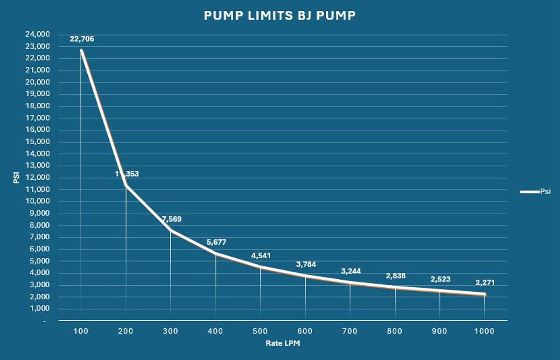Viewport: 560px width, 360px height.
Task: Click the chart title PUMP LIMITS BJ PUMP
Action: (x=280, y=15)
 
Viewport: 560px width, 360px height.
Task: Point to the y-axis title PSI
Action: (x=16, y=177)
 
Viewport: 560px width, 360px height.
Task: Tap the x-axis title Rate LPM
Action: (x=283, y=343)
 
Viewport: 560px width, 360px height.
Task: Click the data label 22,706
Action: (x=82, y=39)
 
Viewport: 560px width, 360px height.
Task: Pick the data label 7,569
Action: (x=172, y=219)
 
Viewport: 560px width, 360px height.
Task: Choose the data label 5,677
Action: (x=217, y=242)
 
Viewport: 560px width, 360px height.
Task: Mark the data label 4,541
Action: (x=261, y=255)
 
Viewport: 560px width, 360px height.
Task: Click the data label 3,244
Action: (x=351, y=271)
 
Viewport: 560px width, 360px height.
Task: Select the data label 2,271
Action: (x=485, y=282)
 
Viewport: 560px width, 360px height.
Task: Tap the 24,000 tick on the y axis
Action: (x=37, y=35)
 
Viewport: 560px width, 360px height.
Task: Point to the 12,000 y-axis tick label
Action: (x=37, y=178)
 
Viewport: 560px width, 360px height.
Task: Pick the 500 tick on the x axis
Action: (x=260, y=331)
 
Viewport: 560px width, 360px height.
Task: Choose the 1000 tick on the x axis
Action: (x=484, y=331)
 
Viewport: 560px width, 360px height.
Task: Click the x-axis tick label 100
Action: (x=81, y=331)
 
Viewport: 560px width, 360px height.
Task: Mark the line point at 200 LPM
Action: (x=126, y=185)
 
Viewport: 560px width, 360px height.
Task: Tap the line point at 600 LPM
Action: (x=305, y=276)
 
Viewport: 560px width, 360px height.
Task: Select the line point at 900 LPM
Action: (x=440, y=291)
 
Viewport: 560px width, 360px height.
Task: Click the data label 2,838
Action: (x=396, y=276)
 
